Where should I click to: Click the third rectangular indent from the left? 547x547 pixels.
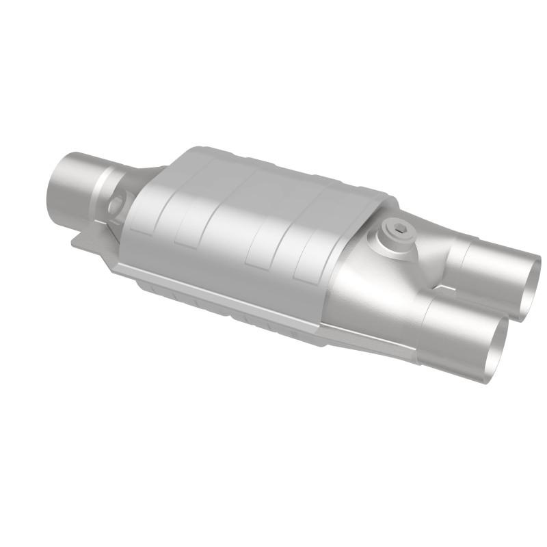(260, 254)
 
